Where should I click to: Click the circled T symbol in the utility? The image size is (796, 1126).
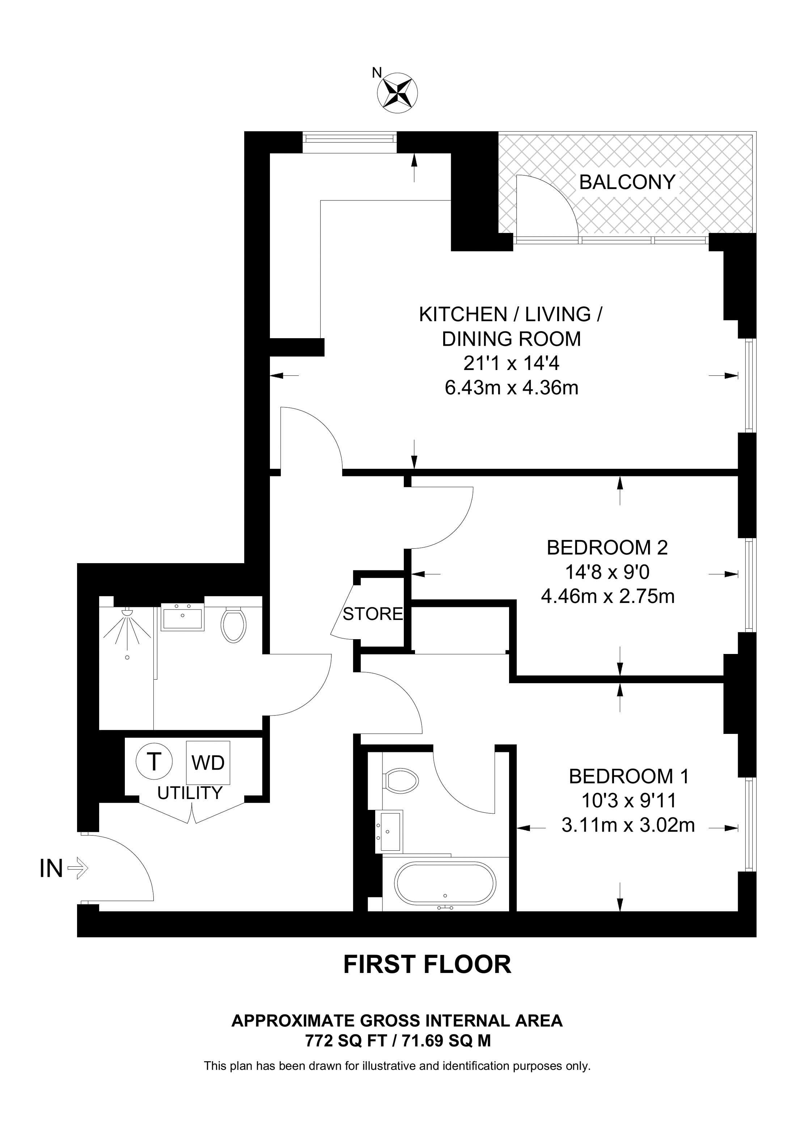154,762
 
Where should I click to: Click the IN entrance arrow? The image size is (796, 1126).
77,869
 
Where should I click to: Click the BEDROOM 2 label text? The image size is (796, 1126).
607,547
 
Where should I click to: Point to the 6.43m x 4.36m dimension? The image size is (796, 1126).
512,388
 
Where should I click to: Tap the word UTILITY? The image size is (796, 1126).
190,793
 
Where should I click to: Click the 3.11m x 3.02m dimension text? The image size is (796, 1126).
628,825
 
